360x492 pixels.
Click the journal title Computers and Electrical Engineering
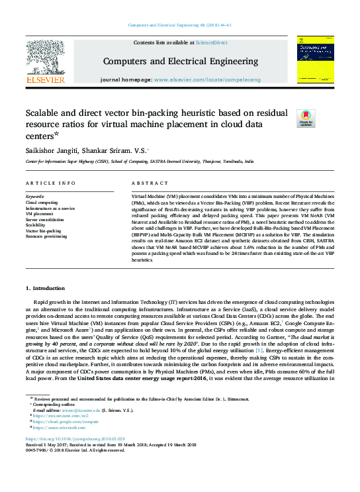coord(180,62)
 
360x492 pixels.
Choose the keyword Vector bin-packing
coord(43,230)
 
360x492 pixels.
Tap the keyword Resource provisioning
coord(46,236)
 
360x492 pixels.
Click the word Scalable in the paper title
coord(44,113)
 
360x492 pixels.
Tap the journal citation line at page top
coord(180,26)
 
